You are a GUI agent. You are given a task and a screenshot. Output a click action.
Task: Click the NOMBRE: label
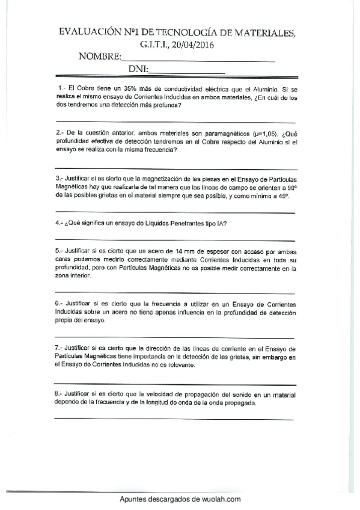(100, 57)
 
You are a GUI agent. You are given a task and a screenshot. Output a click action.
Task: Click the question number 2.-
(59, 132)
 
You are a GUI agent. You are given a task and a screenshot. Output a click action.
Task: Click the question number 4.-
(59, 223)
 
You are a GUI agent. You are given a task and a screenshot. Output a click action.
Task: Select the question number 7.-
(59, 348)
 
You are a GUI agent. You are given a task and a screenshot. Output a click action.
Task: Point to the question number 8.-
(59, 394)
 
